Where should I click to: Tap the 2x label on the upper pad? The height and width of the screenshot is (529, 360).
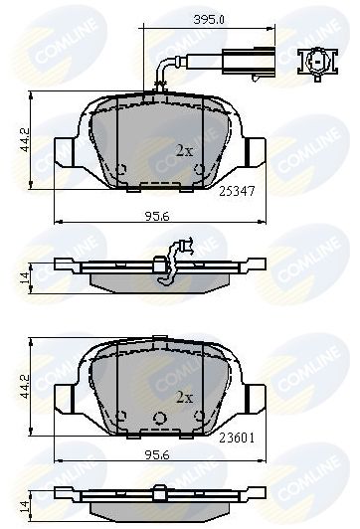point(184,151)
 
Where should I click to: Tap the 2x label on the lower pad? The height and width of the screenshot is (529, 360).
point(184,396)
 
